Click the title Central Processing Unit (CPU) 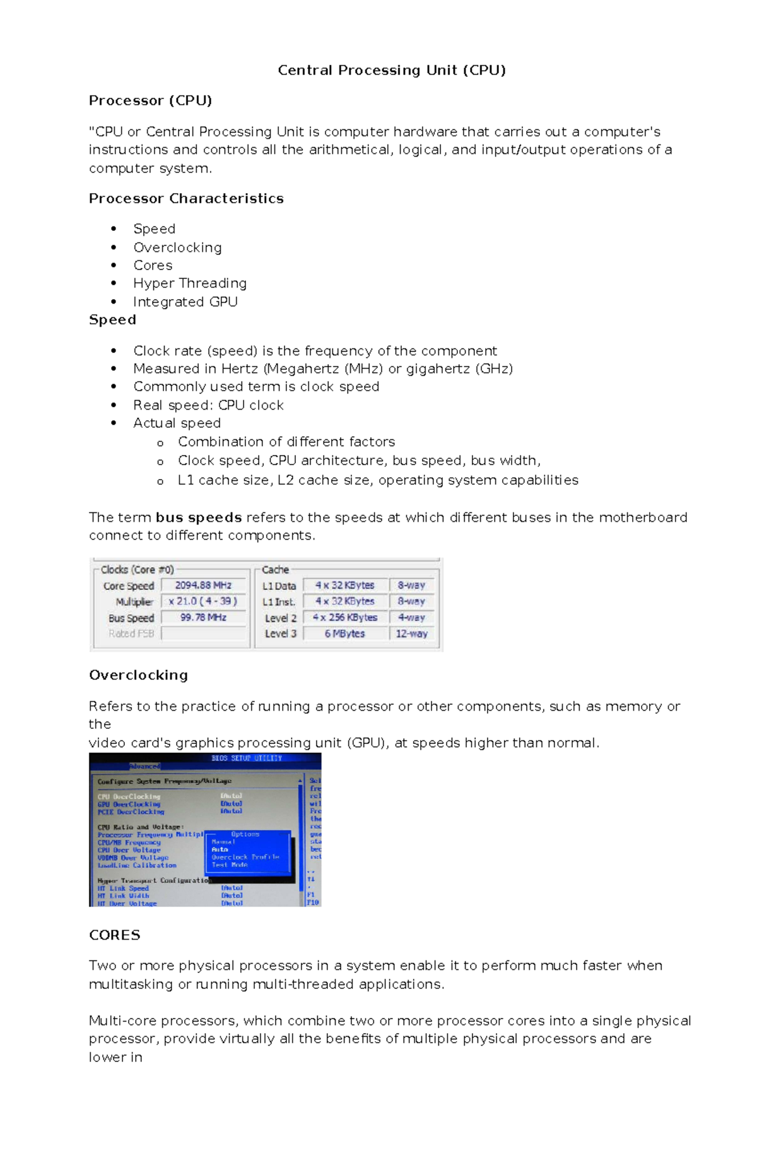(x=392, y=70)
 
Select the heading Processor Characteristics (x=186, y=199)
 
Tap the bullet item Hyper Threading (x=189, y=283)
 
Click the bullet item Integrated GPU (x=185, y=302)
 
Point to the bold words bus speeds (x=199, y=517)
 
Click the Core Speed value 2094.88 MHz (x=203, y=586)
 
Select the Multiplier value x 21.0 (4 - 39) (x=203, y=601)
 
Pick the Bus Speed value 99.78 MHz (x=203, y=617)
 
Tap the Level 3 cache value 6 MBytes (x=344, y=634)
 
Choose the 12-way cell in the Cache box (x=411, y=634)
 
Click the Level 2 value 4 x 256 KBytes (x=344, y=618)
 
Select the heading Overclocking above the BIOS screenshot (x=138, y=675)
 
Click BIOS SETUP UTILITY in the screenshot (x=247, y=758)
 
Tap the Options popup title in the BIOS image (x=245, y=834)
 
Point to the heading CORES (x=114, y=935)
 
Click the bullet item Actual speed (x=177, y=423)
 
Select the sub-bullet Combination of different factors (x=286, y=442)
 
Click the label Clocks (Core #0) (x=137, y=570)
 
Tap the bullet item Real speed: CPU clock (x=208, y=405)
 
